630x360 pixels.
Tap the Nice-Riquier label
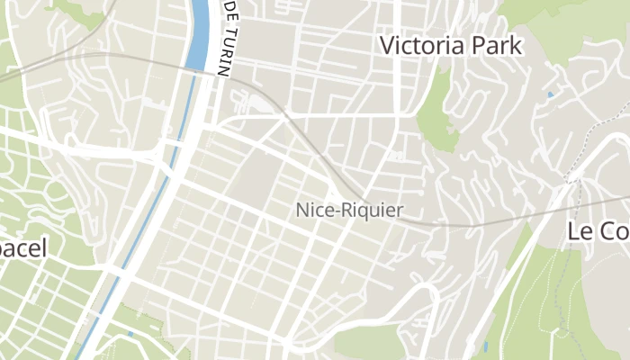coord(349,211)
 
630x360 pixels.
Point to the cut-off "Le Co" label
coord(598,230)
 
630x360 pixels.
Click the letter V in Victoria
coord(388,45)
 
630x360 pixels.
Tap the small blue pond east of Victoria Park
coord(550,94)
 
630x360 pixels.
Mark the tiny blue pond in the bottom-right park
coord(485,346)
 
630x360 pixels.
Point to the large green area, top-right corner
coord(576,22)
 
